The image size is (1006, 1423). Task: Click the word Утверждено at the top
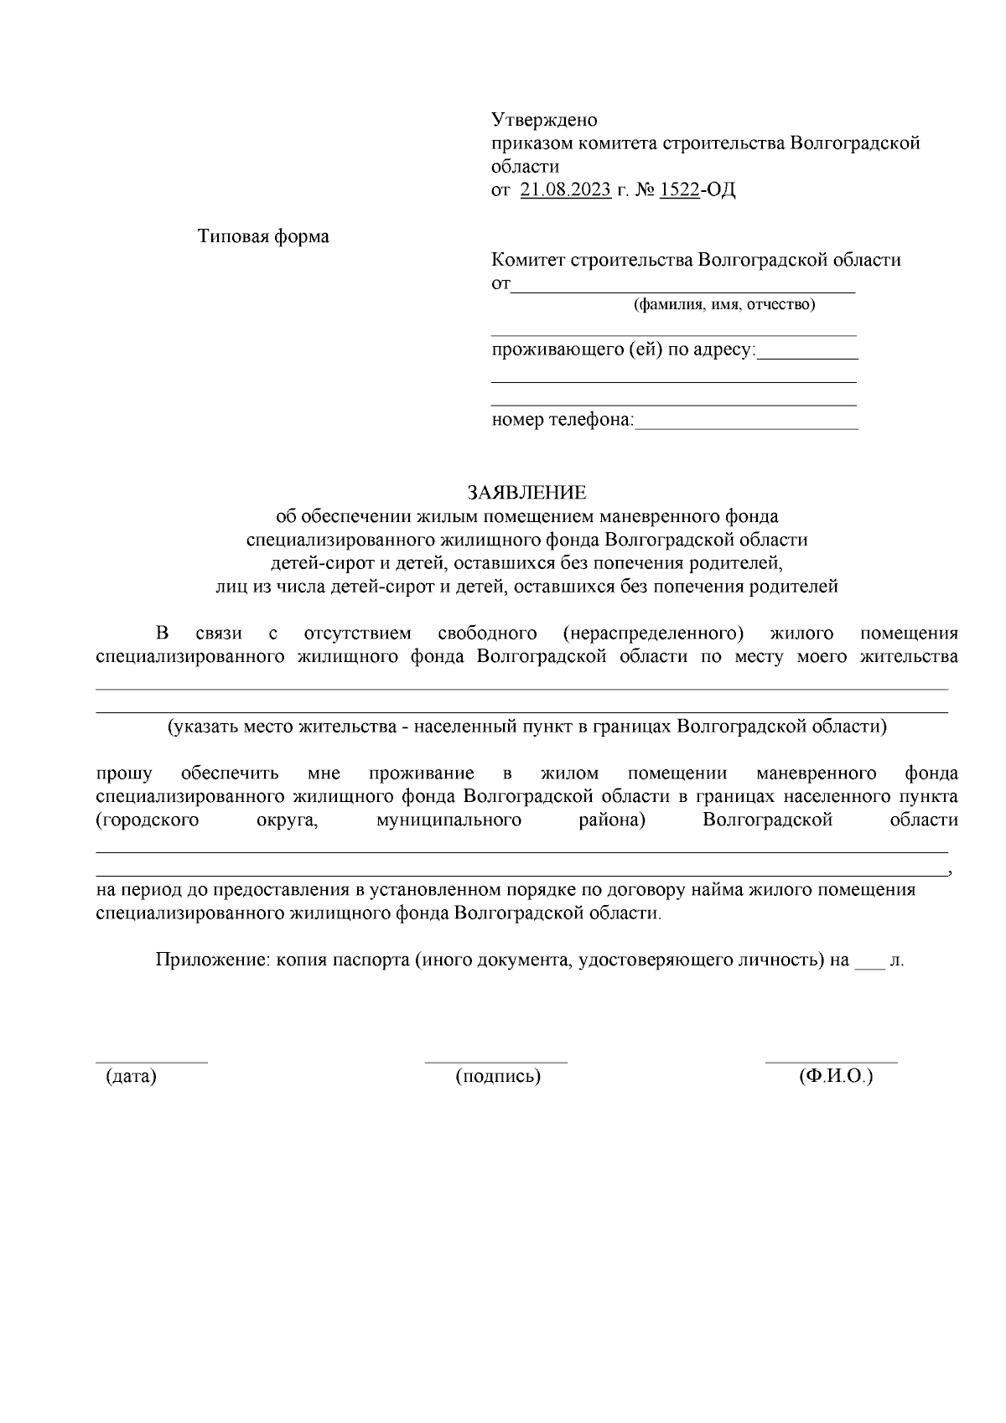tap(543, 120)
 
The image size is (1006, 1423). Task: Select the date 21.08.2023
tap(565, 190)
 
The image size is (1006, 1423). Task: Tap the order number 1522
tap(679, 190)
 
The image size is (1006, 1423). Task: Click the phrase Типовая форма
tap(263, 236)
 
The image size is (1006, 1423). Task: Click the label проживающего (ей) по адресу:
tap(623, 349)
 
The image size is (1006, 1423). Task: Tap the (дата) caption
tap(131, 1076)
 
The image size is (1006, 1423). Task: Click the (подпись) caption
tap(498, 1076)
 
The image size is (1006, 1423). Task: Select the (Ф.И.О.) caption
tap(836, 1076)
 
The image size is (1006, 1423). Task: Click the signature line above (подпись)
tap(496, 1062)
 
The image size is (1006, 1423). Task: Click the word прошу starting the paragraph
tap(124, 773)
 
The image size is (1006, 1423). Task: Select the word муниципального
tap(449, 820)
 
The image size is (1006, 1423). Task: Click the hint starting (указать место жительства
tap(526, 727)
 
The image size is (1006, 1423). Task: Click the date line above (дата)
tap(151, 1062)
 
